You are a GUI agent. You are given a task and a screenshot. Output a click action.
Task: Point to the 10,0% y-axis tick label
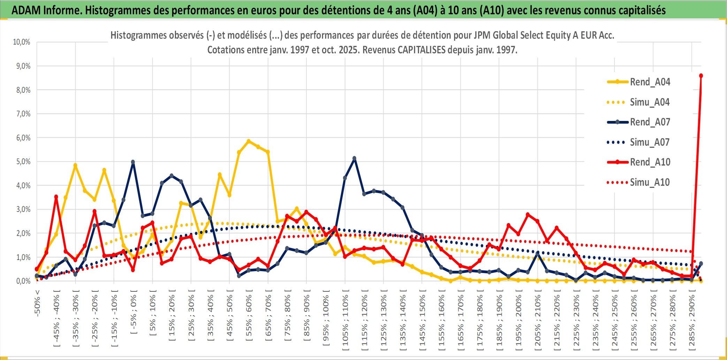22,42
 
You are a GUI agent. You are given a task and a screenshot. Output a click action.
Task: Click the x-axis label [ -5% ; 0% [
133,312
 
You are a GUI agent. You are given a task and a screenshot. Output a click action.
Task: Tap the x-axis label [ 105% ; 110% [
345,320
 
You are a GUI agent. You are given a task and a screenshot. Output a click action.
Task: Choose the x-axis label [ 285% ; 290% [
691,320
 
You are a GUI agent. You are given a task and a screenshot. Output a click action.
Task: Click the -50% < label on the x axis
37,303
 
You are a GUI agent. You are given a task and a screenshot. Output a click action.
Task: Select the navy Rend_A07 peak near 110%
354,159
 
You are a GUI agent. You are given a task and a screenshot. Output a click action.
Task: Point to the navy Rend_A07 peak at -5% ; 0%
133,162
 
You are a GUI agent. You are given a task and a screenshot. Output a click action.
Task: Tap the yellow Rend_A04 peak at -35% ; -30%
75,166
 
